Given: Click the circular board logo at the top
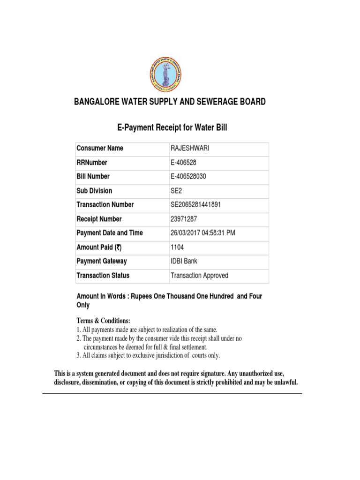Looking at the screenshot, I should pyautogui.click(x=167, y=75).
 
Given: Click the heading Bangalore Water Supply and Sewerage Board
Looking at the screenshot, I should pyautogui.click(x=170, y=102).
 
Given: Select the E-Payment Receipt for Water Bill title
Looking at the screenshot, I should pyautogui.click(x=172, y=128).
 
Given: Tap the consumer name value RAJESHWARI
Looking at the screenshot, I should pyautogui.click(x=190, y=149).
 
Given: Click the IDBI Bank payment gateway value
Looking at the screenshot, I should pyautogui.click(x=184, y=262).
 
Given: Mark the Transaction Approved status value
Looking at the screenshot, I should pyautogui.click(x=199, y=276).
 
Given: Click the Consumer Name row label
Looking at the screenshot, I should pyautogui.click(x=100, y=149).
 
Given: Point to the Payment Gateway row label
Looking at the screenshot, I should pyautogui.click(x=101, y=262).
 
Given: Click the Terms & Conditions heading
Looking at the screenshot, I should pyautogui.click(x=103, y=321).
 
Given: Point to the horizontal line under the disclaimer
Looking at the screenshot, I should pyautogui.click(x=172, y=394).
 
